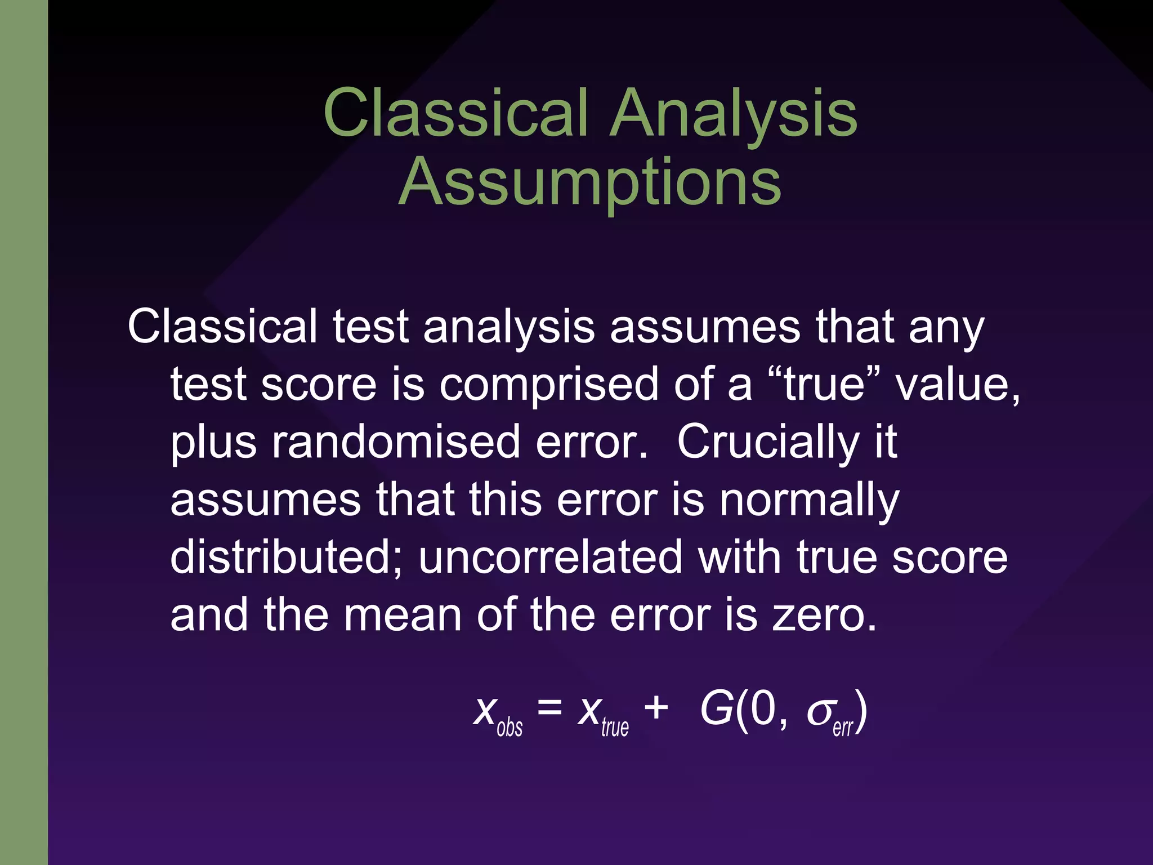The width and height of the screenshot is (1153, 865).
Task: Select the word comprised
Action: click(548, 385)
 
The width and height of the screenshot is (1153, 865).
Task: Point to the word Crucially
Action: click(768, 443)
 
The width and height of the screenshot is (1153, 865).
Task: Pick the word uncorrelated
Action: click(550, 558)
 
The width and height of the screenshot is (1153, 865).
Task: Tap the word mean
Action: click(403, 616)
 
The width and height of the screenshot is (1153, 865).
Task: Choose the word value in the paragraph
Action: click(957, 385)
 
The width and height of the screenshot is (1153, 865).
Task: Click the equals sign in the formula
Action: click(549, 708)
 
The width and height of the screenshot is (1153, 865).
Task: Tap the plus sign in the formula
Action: click(656, 708)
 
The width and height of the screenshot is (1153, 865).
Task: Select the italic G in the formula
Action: click(717, 709)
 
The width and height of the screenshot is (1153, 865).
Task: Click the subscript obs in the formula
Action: click(510, 727)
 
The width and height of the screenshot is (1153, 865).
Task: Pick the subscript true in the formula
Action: click(615, 727)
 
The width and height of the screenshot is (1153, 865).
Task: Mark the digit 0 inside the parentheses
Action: click(763, 709)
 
